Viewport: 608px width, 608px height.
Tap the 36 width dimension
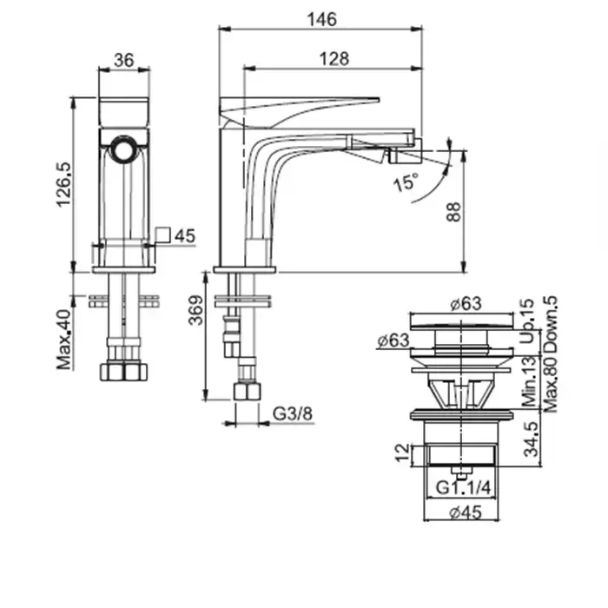coord(123,60)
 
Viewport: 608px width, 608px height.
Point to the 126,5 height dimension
coord(62,183)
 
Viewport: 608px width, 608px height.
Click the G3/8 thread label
coord(292,413)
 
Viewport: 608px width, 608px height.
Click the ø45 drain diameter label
coord(466,512)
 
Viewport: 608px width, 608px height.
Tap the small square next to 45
coord(162,235)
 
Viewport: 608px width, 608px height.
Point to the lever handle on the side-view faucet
coord(300,109)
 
